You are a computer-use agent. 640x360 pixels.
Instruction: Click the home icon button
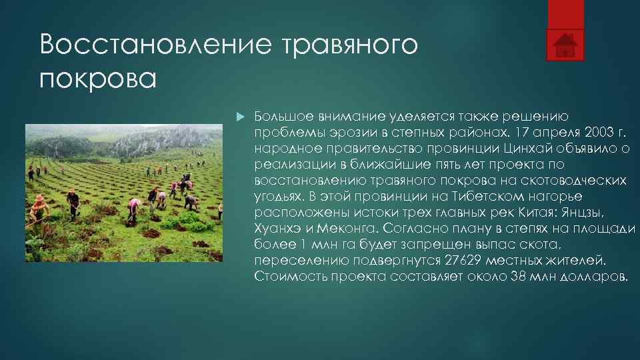[565, 44]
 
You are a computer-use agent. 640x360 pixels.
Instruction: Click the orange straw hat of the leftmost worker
[39, 199]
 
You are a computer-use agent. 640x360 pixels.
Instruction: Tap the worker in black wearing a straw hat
[73, 203]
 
